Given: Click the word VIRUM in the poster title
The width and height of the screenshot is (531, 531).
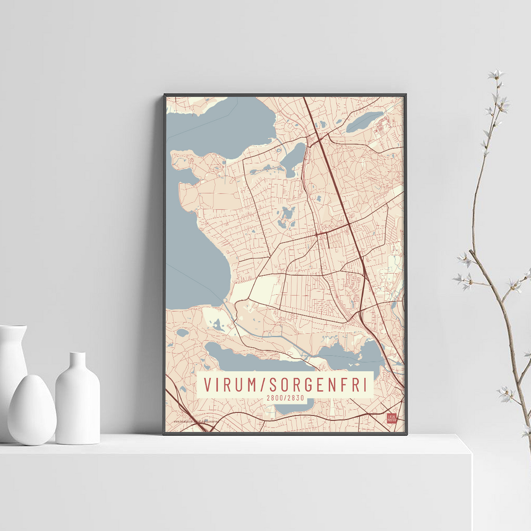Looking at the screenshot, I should click(229, 385).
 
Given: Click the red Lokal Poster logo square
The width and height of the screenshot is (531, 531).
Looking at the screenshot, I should click(392, 418).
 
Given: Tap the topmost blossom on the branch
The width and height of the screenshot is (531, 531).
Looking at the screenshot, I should click(496, 74).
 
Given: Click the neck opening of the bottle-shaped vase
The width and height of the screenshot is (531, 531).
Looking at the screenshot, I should click(78, 355).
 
